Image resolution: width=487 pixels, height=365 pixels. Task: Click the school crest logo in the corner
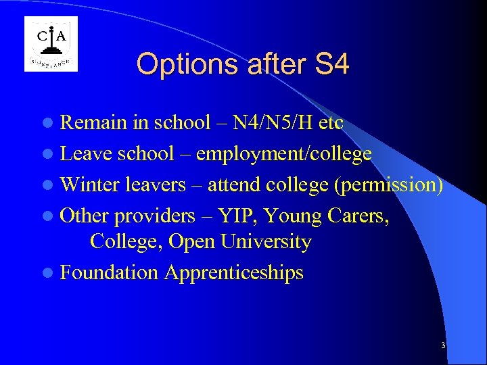point(51,44)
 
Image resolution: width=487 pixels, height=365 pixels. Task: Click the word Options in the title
point(178,65)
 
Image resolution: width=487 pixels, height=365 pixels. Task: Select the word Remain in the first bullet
point(93,123)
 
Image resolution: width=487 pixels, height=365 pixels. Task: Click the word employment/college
point(283,153)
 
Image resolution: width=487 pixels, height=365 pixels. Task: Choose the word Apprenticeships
point(234,273)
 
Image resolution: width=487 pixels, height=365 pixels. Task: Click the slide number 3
point(443,345)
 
